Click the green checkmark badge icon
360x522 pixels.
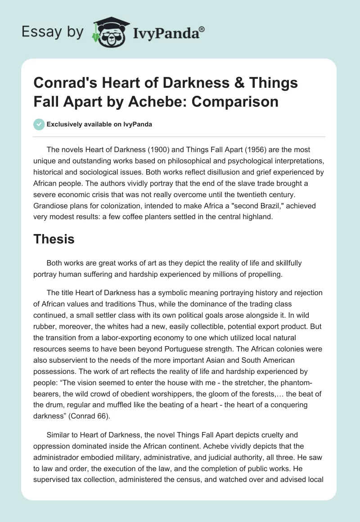(39, 125)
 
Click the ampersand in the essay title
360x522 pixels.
(204, 84)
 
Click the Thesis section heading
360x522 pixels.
(54, 239)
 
